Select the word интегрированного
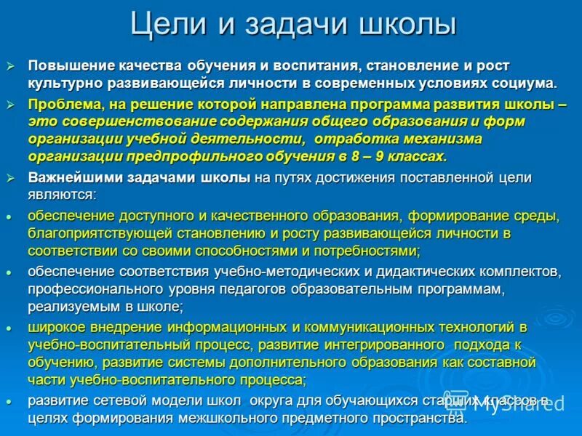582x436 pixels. (x=383, y=344)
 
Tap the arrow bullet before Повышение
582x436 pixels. (x=10, y=66)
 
